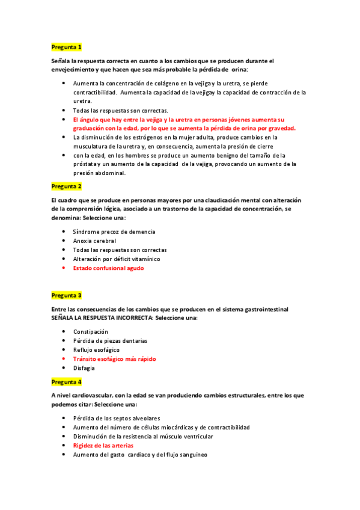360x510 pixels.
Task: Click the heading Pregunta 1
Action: click(x=66, y=47)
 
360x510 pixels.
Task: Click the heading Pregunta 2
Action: click(x=66, y=186)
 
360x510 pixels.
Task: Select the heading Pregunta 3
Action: click(x=66, y=295)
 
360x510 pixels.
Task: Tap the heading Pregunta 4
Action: click(x=66, y=382)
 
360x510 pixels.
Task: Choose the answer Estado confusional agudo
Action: click(x=108, y=268)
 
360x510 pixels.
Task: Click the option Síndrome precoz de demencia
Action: click(x=114, y=232)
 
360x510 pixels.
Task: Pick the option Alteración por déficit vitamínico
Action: click(x=117, y=259)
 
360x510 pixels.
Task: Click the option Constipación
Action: click(x=91, y=331)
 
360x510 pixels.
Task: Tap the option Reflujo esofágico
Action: click(x=97, y=349)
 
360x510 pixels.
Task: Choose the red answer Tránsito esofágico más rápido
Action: click(x=114, y=358)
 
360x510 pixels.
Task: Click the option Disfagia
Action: click(x=84, y=367)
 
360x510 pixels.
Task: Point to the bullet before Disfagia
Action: click(x=64, y=367)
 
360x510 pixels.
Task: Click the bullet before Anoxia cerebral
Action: click(x=64, y=241)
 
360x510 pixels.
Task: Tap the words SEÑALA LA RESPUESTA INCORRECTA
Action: click(x=102, y=318)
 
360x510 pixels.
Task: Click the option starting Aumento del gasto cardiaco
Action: click(x=139, y=455)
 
